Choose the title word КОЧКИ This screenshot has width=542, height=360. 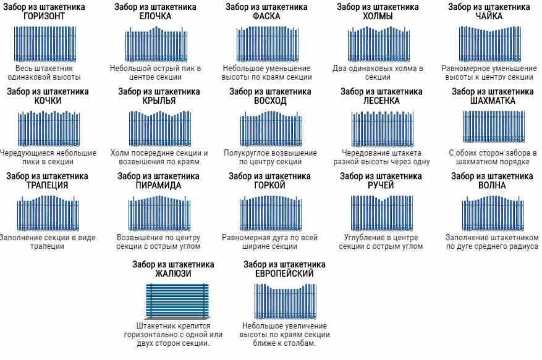coord(48,101)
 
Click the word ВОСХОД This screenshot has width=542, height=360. coord(270,101)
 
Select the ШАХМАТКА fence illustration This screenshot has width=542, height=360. coord(493,127)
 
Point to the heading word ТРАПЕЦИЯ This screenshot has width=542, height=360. coord(47,185)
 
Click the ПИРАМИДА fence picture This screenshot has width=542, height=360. coord(159,212)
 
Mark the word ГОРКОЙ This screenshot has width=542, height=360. coord(270,185)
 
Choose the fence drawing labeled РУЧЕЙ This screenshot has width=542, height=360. coord(381,212)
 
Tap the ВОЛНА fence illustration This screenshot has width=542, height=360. coord(492,212)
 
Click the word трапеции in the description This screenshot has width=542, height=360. coord(47,246)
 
